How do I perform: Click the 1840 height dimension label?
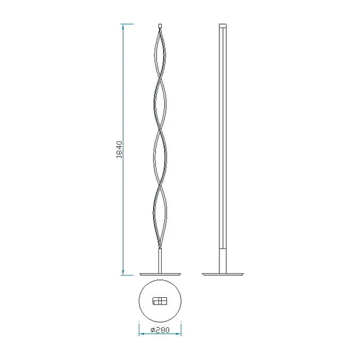(x=119, y=150)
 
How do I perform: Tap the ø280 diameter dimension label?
(x=160, y=330)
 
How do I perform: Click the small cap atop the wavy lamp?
(x=160, y=26)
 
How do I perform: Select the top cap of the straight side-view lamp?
(x=223, y=26)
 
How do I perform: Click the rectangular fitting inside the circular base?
(x=160, y=301)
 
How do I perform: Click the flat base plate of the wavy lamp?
(x=160, y=274)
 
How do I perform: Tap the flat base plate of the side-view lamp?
(x=223, y=274)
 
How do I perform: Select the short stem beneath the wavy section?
(x=160, y=261)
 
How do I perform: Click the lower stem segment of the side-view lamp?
(x=223, y=261)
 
